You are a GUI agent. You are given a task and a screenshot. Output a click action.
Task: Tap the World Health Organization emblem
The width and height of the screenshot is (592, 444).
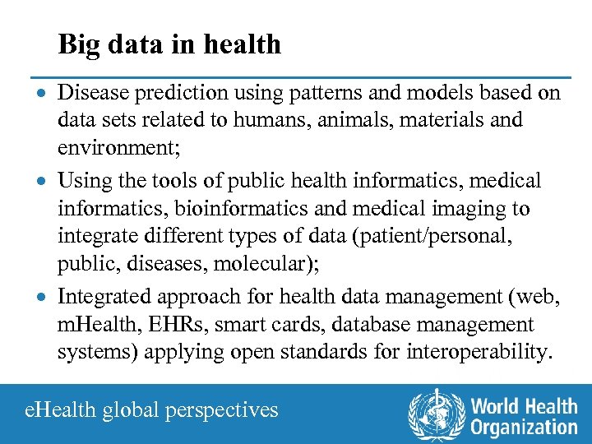(436, 413)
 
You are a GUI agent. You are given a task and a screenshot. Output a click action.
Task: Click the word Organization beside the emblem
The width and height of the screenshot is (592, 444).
(524, 428)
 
